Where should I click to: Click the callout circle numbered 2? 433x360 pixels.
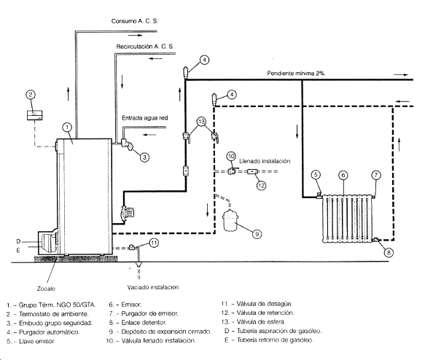click(x=31, y=95)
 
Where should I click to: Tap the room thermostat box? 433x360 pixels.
click(x=34, y=115)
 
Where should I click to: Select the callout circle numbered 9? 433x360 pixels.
click(x=257, y=234)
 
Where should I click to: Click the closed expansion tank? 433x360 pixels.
click(x=230, y=220)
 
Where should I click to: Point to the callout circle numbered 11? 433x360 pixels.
click(x=154, y=243)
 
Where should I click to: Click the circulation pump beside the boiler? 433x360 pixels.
click(x=127, y=214)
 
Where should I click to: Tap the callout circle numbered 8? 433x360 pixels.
click(x=389, y=252)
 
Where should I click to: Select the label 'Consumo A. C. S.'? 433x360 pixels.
click(x=135, y=21)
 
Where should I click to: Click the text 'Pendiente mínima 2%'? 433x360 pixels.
click(x=296, y=74)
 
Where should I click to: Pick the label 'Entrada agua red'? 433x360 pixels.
click(x=145, y=118)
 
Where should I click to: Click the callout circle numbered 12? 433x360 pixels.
click(x=261, y=185)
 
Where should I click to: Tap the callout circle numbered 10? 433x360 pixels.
click(x=231, y=157)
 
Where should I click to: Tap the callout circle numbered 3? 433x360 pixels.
click(x=144, y=157)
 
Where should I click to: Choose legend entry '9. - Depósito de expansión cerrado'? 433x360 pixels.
click(x=160, y=332)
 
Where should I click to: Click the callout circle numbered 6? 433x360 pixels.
click(x=343, y=176)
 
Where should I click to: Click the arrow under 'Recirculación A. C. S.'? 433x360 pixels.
click(x=155, y=58)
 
